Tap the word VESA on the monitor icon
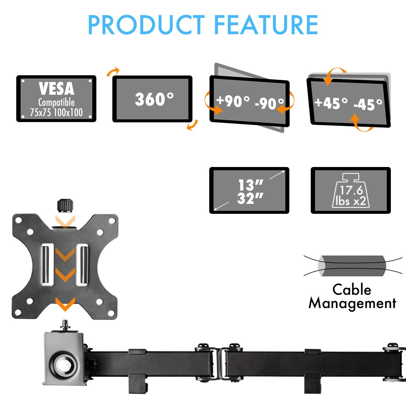pyautogui.click(x=56, y=89)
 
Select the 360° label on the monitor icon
pyautogui.click(x=154, y=99)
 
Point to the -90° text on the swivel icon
pyautogui.click(x=269, y=103)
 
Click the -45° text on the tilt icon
pyautogui.click(x=368, y=104)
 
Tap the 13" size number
pyautogui.click(x=250, y=185)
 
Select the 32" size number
pyautogui.click(x=250, y=198)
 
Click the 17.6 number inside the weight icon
pyautogui.click(x=351, y=190)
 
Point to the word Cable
pyautogui.click(x=352, y=289)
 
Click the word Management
pyautogui.click(x=352, y=303)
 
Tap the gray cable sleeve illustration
pyautogui.click(x=351, y=266)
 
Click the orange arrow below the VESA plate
pyautogui.click(x=65, y=304)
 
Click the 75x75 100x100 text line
pyautogui.click(x=56, y=112)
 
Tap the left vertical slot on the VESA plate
pyautogui.click(x=46, y=265)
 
